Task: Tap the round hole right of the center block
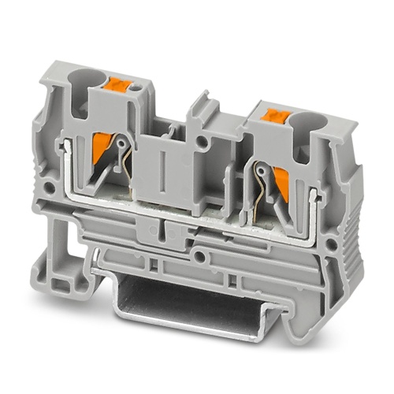click(226, 143)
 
